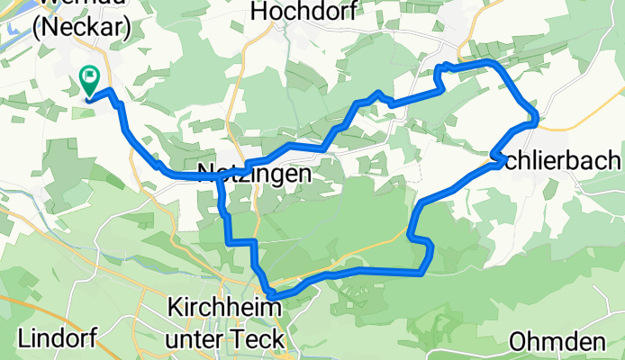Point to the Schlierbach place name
(x=556, y=160)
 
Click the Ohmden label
(x=556, y=342)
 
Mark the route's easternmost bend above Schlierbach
(x=536, y=116)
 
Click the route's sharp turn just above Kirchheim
(x=270, y=293)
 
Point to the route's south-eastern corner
(x=423, y=270)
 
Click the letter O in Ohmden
(x=517, y=342)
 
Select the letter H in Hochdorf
(x=261, y=11)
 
